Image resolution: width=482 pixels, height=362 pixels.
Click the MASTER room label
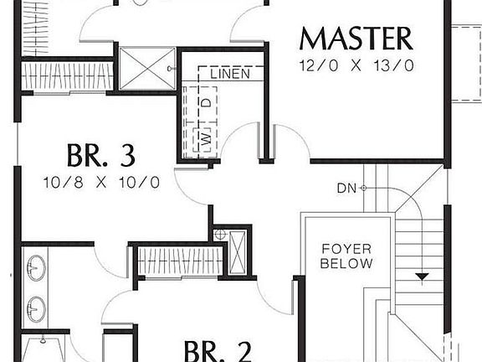356,39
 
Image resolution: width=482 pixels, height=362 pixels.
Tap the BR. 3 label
100,155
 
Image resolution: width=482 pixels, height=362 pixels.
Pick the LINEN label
230,75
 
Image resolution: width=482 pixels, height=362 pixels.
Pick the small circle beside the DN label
364,188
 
